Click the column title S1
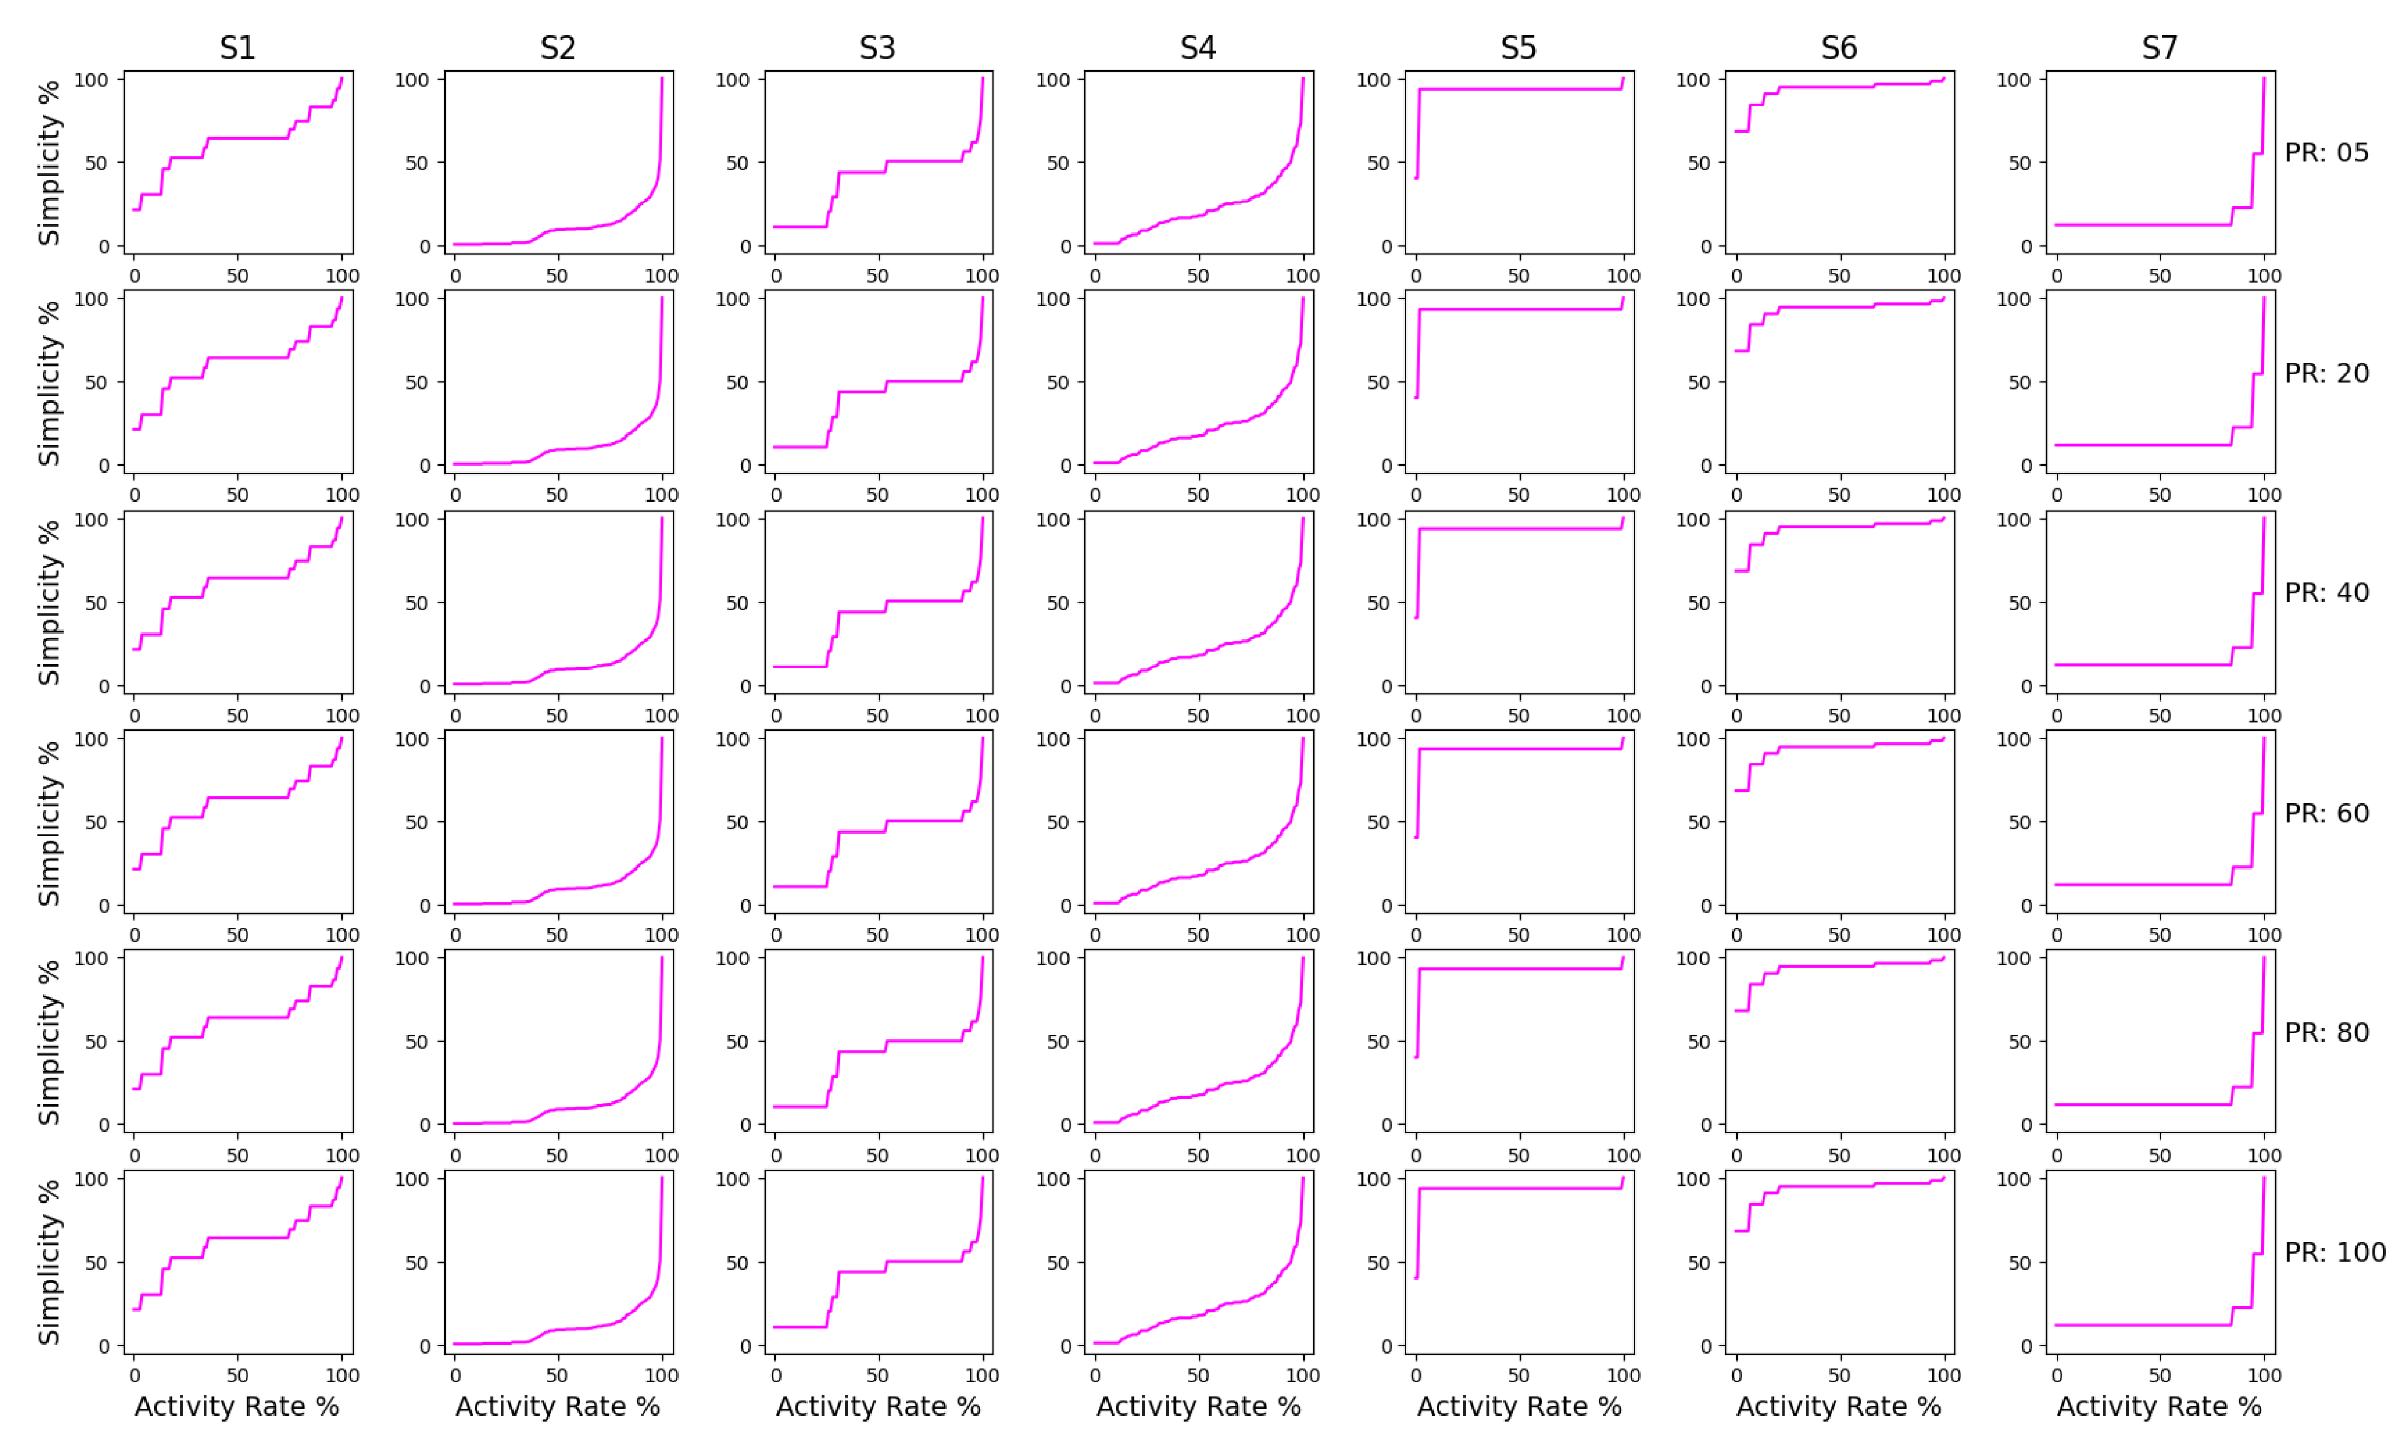(x=237, y=49)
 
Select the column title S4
(x=1197, y=49)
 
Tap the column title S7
(x=2159, y=49)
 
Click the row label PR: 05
(x=2326, y=153)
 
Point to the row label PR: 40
(x=2326, y=592)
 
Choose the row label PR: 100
(x=2334, y=1252)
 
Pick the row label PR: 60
(x=2326, y=813)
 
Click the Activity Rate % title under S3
(x=877, y=1407)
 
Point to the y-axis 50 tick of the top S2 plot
(x=417, y=163)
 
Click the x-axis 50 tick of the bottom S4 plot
(x=1197, y=1376)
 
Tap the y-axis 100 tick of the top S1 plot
(x=92, y=80)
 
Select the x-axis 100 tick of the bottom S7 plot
(x=2264, y=1376)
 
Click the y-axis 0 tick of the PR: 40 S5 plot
(x=1386, y=687)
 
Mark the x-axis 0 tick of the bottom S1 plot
(x=134, y=1376)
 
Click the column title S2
(x=557, y=49)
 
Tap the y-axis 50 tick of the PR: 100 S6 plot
(x=1699, y=1263)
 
